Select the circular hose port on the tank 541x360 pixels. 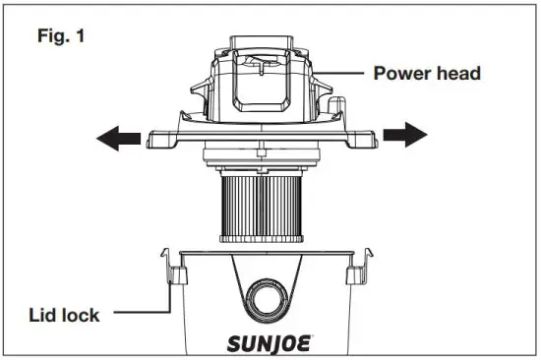(x=270, y=296)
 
